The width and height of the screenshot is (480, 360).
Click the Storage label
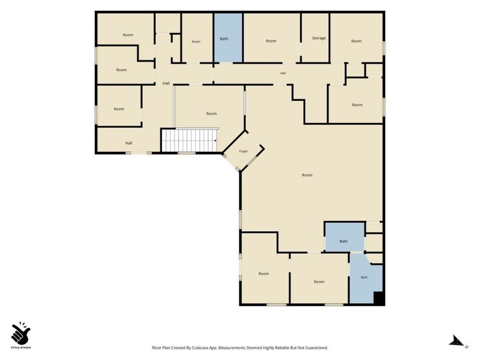tap(319, 38)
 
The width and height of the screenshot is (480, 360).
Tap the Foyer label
tap(244, 151)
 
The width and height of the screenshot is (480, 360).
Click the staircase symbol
tap(189, 140)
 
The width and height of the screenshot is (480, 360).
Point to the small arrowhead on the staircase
tap(216, 141)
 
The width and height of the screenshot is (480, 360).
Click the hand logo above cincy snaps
tap(21, 333)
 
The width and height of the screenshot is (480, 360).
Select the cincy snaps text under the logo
tap(21, 347)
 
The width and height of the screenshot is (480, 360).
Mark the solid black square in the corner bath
tap(379, 298)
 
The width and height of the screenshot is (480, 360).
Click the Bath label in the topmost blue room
tap(224, 39)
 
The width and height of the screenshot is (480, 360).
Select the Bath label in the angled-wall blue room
tap(364, 277)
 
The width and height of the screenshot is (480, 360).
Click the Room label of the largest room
tap(307, 175)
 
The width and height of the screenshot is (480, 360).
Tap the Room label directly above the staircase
tap(211, 113)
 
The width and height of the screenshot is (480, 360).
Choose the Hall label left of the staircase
tap(128, 143)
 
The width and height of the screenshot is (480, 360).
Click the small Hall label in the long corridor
tap(283, 73)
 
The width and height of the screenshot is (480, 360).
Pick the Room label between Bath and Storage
tap(271, 41)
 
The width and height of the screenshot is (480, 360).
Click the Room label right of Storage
tap(356, 41)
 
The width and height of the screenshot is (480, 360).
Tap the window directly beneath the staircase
tap(187, 153)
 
